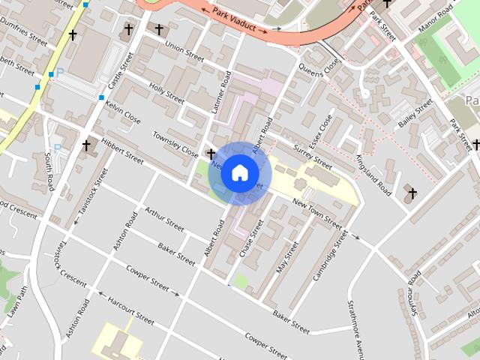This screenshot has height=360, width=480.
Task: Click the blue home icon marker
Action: pos(240,173)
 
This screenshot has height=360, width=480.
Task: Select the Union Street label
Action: pos(184,51)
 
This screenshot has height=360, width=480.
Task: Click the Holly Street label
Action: pos(166,92)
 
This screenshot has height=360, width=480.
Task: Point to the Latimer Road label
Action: pos(222,91)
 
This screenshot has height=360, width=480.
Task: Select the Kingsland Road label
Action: pos(373,175)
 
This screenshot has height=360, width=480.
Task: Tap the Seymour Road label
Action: pos(414,293)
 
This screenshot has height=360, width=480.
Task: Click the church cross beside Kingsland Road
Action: pos(411,193)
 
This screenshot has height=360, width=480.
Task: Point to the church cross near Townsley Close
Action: pos(211,154)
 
